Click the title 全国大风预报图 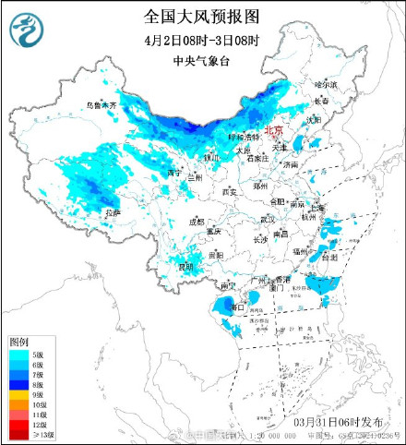click(202, 17)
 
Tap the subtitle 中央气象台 click(202, 62)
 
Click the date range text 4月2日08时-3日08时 click(202, 40)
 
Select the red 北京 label click(275, 132)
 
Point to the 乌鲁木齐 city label click(101, 106)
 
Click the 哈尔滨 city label click(325, 85)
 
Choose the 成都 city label click(197, 222)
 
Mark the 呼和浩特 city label click(244, 137)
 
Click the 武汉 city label click(268, 220)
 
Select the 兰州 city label click(193, 177)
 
